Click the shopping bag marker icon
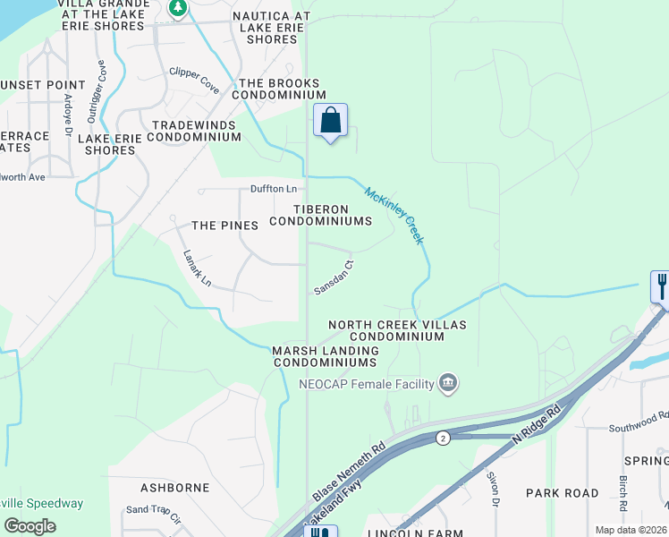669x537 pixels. coord(330,120)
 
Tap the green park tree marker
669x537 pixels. coord(178,8)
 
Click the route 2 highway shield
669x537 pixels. coord(443,438)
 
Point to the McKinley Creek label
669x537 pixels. coord(394,215)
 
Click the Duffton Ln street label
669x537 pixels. coord(273,189)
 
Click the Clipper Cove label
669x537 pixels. coord(195,80)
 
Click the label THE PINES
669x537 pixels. coord(225,226)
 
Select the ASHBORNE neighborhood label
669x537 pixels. coord(175,488)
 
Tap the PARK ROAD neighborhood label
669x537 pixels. coord(562,493)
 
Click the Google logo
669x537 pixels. coord(30,526)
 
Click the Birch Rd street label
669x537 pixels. coord(621,489)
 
